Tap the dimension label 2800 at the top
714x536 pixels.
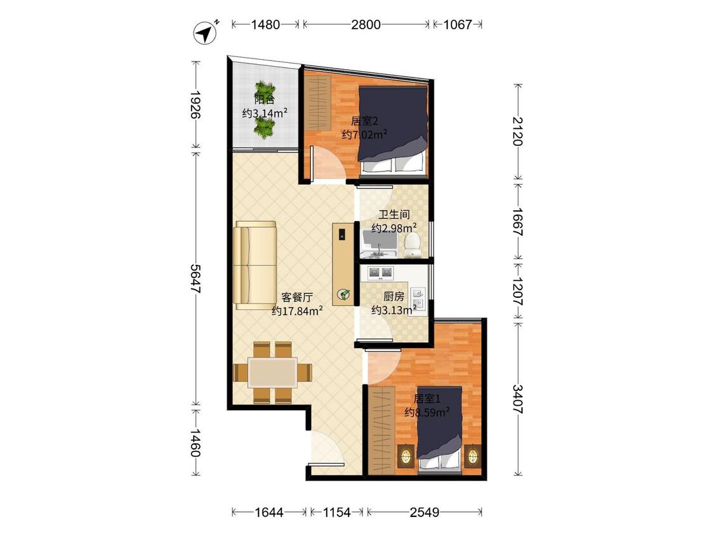coord(366,24)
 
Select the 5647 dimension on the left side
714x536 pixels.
coord(196,278)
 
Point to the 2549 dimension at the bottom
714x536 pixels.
coord(425,513)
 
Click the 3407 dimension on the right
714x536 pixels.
coord(518,399)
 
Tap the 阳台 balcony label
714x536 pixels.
coord(264,99)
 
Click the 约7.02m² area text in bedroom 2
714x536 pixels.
coord(364,135)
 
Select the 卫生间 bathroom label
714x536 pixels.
coord(394,214)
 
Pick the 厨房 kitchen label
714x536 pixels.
coord(393,297)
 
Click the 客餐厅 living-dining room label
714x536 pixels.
coord(297,298)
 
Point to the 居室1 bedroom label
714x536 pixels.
coord(426,399)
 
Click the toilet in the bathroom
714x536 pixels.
coord(412,245)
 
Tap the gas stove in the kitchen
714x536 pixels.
coord(380,272)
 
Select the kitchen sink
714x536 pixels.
coord(418,298)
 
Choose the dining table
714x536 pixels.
coord(272,372)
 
